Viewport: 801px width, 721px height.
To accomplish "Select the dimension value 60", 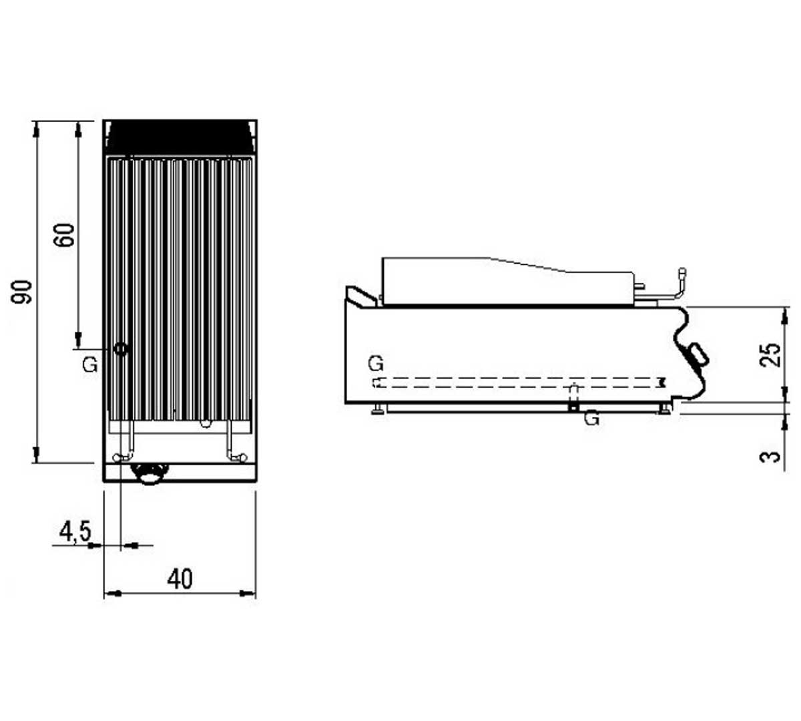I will (x=65, y=235).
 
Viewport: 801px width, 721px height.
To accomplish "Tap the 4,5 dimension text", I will (x=75, y=531).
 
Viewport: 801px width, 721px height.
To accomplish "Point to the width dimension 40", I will (x=180, y=579).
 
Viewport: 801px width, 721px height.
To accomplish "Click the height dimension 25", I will (x=771, y=354).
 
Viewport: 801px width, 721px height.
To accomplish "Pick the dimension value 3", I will (x=771, y=457).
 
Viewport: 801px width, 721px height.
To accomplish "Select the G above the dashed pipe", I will (x=376, y=364).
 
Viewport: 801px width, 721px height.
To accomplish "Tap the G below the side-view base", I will (x=591, y=419).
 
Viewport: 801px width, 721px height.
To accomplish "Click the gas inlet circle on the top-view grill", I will (x=121, y=348).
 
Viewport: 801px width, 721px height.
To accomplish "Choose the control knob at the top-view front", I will (x=149, y=473).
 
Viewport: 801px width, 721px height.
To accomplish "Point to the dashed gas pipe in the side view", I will (x=514, y=383).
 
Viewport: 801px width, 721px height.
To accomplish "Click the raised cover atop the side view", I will (x=507, y=280).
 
